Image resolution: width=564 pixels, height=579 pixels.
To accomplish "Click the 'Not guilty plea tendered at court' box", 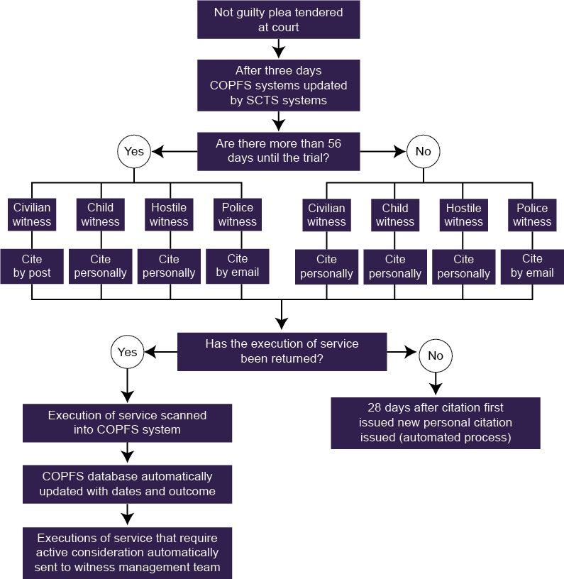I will pyautogui.click(x=278, y=20).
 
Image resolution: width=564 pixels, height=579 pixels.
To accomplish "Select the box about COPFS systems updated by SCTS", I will pyautogui.click(x=278, y=85).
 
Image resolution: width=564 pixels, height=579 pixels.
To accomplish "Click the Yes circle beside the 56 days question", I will pyautogui.click(x=134, y=151).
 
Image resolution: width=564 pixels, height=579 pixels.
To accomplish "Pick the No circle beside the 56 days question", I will pyautogui.click(x=423, y=151).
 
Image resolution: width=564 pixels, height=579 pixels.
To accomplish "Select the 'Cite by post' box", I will pyautogui.click(x=32, y=266).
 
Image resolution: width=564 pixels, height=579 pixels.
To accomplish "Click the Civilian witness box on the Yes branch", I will pyautogui.click(x=32, y=215).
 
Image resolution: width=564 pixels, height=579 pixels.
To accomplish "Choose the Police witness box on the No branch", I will pyautogui.click(x=532, y=215).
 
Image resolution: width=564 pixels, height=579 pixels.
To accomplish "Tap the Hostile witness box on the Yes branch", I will pyautogui.click(x=169, y=215).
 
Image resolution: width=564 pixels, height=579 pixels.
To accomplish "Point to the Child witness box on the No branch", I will pyautogui.click(x=395, y=215).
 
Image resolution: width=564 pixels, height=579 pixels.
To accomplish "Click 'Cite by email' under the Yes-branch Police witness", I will pyautogui.click(x=238, y=265).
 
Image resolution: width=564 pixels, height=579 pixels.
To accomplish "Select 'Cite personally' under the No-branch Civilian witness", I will pyautogui.click(x=326, y=266).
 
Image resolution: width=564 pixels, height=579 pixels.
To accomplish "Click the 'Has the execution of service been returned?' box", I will pyautogui.click(x=282, y=351).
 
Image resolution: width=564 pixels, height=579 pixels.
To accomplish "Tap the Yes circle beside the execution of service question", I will pyautogui.click(x=127, y=352).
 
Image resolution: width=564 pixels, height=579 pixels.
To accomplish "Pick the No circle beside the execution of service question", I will pyautogui.click(x=436, y=355).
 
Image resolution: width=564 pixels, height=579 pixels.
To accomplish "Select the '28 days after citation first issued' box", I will pyautogui.click(x=435, y=423).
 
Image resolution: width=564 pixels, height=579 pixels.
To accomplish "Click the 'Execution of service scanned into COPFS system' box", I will pyautogui.click(x=127, y=422).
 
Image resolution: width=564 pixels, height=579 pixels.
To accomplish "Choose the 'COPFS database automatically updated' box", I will pyautogui.click(x=127, y=484).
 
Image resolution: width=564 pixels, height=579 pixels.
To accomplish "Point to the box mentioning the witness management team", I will pyautogui.click(x=127, y=553).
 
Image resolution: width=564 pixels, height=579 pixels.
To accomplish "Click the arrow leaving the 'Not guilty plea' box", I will pyautogui.click(x=278, y=48).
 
